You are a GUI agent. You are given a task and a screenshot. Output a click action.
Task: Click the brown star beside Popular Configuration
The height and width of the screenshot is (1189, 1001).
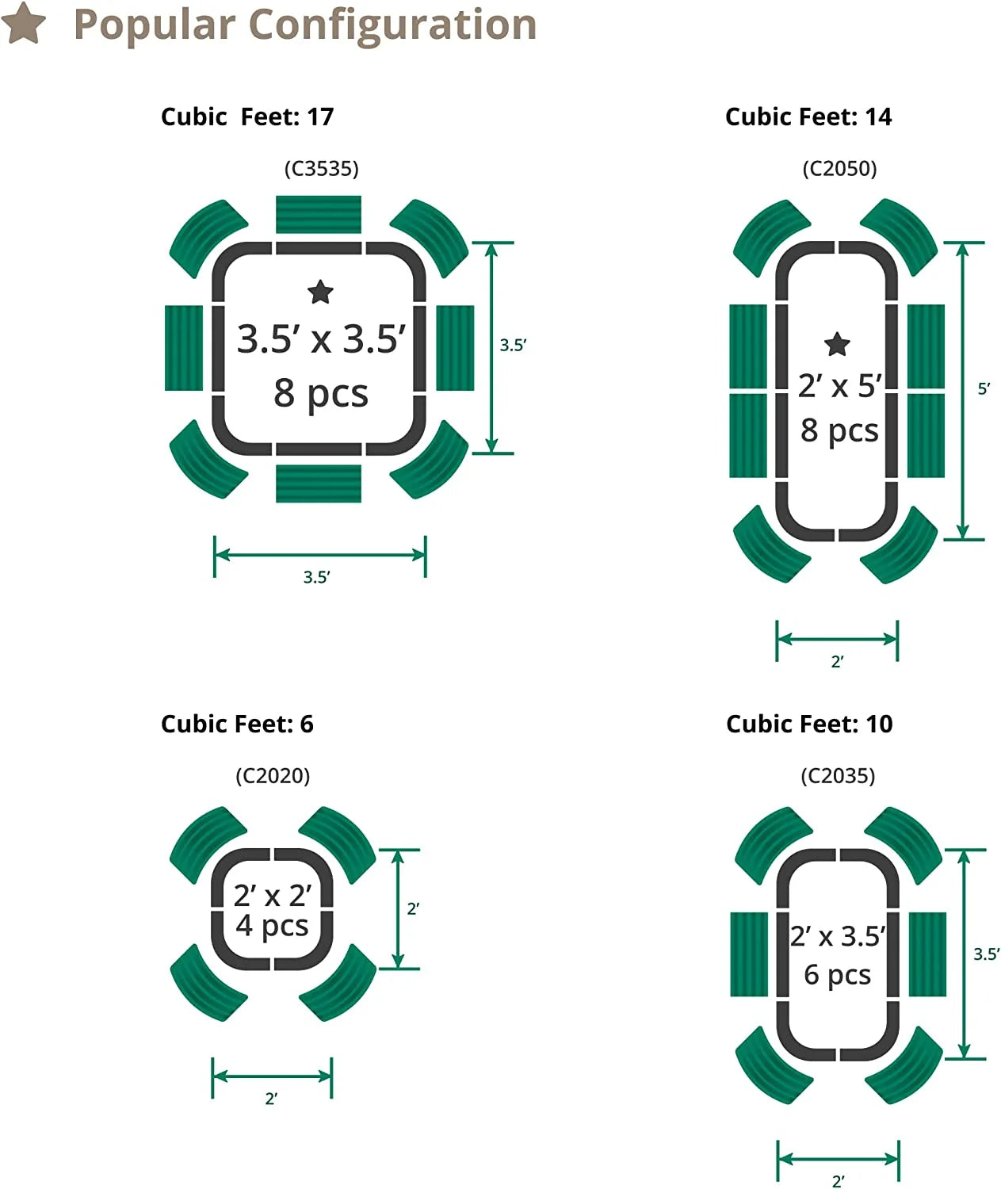pos(23,23)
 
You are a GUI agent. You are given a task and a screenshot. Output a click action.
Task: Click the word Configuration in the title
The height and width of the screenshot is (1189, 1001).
pos(393,25)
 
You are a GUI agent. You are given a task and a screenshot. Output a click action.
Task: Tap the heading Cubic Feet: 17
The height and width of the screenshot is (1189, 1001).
pos(247,117)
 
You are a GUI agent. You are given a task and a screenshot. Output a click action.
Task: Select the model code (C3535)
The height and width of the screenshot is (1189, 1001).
pos(322,169)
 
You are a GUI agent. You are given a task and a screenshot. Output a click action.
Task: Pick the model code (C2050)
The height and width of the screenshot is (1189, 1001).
pos(839,169)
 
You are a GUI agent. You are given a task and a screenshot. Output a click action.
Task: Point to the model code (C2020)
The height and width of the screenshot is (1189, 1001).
pos(273,775)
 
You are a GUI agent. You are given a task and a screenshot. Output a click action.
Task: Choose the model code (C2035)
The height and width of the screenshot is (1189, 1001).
pos(838,775)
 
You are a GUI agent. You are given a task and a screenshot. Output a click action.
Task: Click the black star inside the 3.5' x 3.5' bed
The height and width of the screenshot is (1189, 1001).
pos(320,292)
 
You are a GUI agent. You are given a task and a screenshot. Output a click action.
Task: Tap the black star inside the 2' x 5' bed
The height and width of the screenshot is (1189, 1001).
pos(837,344)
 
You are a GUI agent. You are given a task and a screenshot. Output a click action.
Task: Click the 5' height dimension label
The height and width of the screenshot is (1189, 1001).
pos(984,389)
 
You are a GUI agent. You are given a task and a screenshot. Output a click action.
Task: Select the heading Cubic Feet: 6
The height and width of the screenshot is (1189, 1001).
pos(237,724)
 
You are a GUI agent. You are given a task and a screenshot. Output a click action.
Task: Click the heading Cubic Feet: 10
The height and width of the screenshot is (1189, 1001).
pos(809,724)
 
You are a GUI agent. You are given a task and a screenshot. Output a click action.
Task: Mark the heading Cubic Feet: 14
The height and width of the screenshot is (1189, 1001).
pos(808,117)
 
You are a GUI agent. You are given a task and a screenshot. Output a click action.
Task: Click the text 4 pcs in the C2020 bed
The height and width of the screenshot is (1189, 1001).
pos(272,926)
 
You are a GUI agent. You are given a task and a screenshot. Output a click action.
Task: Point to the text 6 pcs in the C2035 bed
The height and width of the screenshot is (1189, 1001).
pos(837,975)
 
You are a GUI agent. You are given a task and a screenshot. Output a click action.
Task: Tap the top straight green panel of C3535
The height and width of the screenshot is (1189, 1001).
pos(319,214)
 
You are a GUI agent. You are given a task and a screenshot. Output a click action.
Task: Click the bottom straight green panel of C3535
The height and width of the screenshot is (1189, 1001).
pos(319,484)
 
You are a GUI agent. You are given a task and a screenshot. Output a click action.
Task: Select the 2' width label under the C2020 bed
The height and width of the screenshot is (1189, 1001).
pos(271,1099)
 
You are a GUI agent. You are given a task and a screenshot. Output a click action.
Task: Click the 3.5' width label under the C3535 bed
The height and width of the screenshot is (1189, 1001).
pos(316,577)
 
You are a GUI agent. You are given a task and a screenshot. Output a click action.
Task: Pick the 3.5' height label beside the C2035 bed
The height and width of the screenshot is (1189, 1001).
pos(986,954)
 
